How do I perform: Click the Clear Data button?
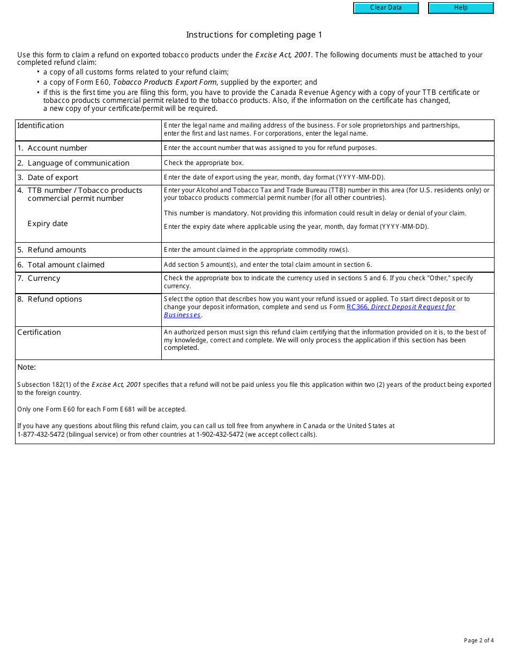click(x=386, y=8)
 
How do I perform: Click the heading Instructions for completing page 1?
click(x=254, y=35)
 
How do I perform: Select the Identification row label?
click(x=40, y=125)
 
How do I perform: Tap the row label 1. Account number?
click(x=52, y=148)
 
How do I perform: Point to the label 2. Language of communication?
click(x=73, y=163)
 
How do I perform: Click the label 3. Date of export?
click(x=48, y=177)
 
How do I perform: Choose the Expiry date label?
click(x=48, y=223)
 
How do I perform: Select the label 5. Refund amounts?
click(x=51, y=250)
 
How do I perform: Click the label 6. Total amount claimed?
click(x=61, y=265)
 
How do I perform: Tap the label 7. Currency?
click(x=39, y=278)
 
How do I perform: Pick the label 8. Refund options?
click(x=49, y=299)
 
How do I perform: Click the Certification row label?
click(x=39, y=332)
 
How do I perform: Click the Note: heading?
click(x=26, y=367)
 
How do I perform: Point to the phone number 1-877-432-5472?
click(x=41, y=435)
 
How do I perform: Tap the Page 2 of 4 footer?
click(x=478, y=640)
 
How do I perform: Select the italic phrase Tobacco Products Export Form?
click(x=164, y=82)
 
